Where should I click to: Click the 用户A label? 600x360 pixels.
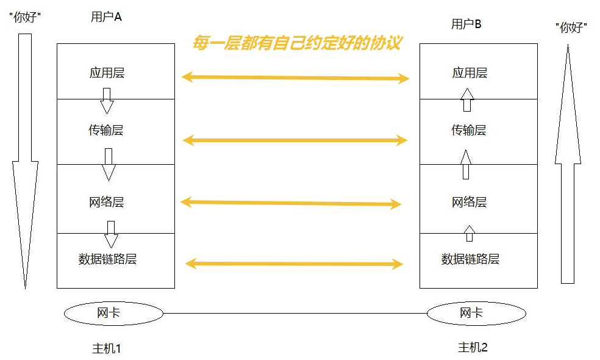tap(106, 17)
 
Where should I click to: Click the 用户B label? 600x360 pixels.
tap(466, 24)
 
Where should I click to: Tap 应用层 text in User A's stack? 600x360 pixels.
tap(107, 73)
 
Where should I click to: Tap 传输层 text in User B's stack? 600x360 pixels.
tap(468, 130)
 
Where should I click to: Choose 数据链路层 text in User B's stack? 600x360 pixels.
tap(470, 259)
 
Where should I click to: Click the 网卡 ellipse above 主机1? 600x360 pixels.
tap(113, 314)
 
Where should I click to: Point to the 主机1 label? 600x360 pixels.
tap(107, 348)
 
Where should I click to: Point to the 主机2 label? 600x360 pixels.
tap(473, 348)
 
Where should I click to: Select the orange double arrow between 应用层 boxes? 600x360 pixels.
tap(295, 77)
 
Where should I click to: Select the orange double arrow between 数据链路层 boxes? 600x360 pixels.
tap(294, 264)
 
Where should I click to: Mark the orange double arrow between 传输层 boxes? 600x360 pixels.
tap(295, 140)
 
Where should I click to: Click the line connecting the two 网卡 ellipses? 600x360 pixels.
tap(295, 314)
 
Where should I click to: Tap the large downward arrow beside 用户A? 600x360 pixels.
tap(25, 153)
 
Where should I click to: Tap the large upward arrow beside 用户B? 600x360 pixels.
tap(568, 165)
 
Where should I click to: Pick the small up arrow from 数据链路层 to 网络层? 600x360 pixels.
tap(469, 233)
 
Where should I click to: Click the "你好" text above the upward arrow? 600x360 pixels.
tap(571, 27)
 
